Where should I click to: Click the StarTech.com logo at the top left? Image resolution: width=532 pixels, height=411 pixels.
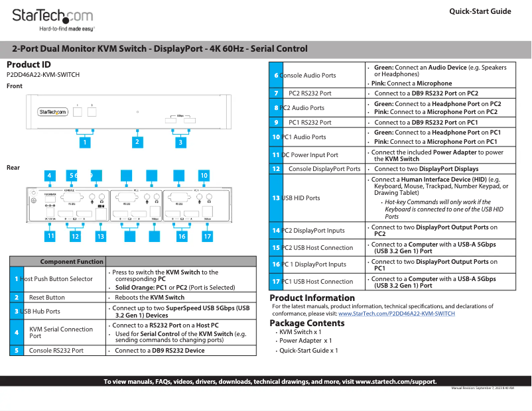[x=53, y=15]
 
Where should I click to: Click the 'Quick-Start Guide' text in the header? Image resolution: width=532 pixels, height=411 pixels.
[x=480, y=11]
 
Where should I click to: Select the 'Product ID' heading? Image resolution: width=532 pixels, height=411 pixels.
[x=29, y=65]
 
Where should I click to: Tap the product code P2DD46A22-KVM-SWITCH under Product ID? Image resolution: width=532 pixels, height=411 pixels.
[x=43, y=75]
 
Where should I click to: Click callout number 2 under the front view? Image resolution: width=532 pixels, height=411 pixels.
[x=137, y=141]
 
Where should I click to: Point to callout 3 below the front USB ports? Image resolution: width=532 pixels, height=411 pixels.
[x=180, y=141]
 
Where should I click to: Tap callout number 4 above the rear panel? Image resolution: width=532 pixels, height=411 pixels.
[x=49, y=176]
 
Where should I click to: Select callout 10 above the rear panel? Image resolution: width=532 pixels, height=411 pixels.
[x=204, y=176]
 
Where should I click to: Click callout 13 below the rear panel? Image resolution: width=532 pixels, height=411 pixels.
[x=101, y=236]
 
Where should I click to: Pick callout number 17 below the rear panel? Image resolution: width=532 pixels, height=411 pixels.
[x=207, y=236]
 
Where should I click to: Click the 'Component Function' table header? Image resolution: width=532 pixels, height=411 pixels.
[x=72, y=262]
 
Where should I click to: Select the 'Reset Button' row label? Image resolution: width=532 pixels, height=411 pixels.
[x=46, y=298]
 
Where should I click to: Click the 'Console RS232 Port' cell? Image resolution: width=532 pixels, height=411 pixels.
[x=56, y=350]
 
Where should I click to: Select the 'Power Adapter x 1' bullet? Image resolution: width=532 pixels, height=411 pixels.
[x=306, y=341]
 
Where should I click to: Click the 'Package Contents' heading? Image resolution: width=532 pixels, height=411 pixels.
[x=306, y=323]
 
